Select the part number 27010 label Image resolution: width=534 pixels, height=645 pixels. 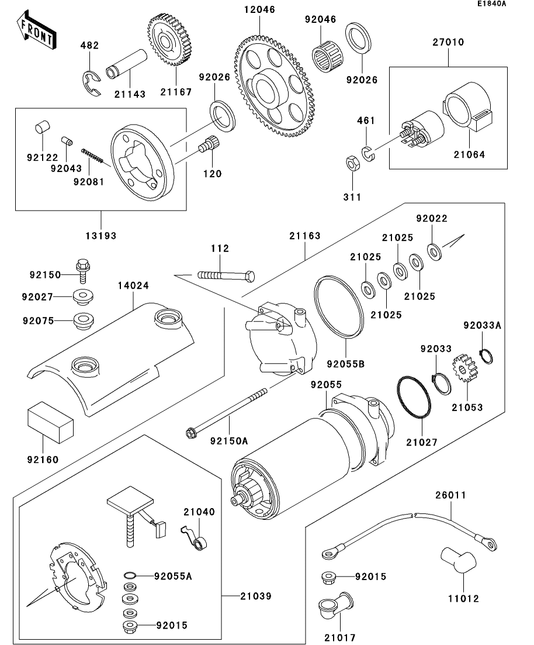click(449, 42)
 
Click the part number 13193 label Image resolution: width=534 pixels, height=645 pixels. click(101, 236)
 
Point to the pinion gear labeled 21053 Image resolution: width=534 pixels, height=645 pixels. click(466, 370)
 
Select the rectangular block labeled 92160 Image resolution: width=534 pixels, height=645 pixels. click(50, 421)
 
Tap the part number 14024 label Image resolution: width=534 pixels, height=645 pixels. click(134, 286)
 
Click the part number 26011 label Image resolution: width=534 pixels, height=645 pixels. click(450, 495)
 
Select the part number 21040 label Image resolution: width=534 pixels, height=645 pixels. click(200, 512)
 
